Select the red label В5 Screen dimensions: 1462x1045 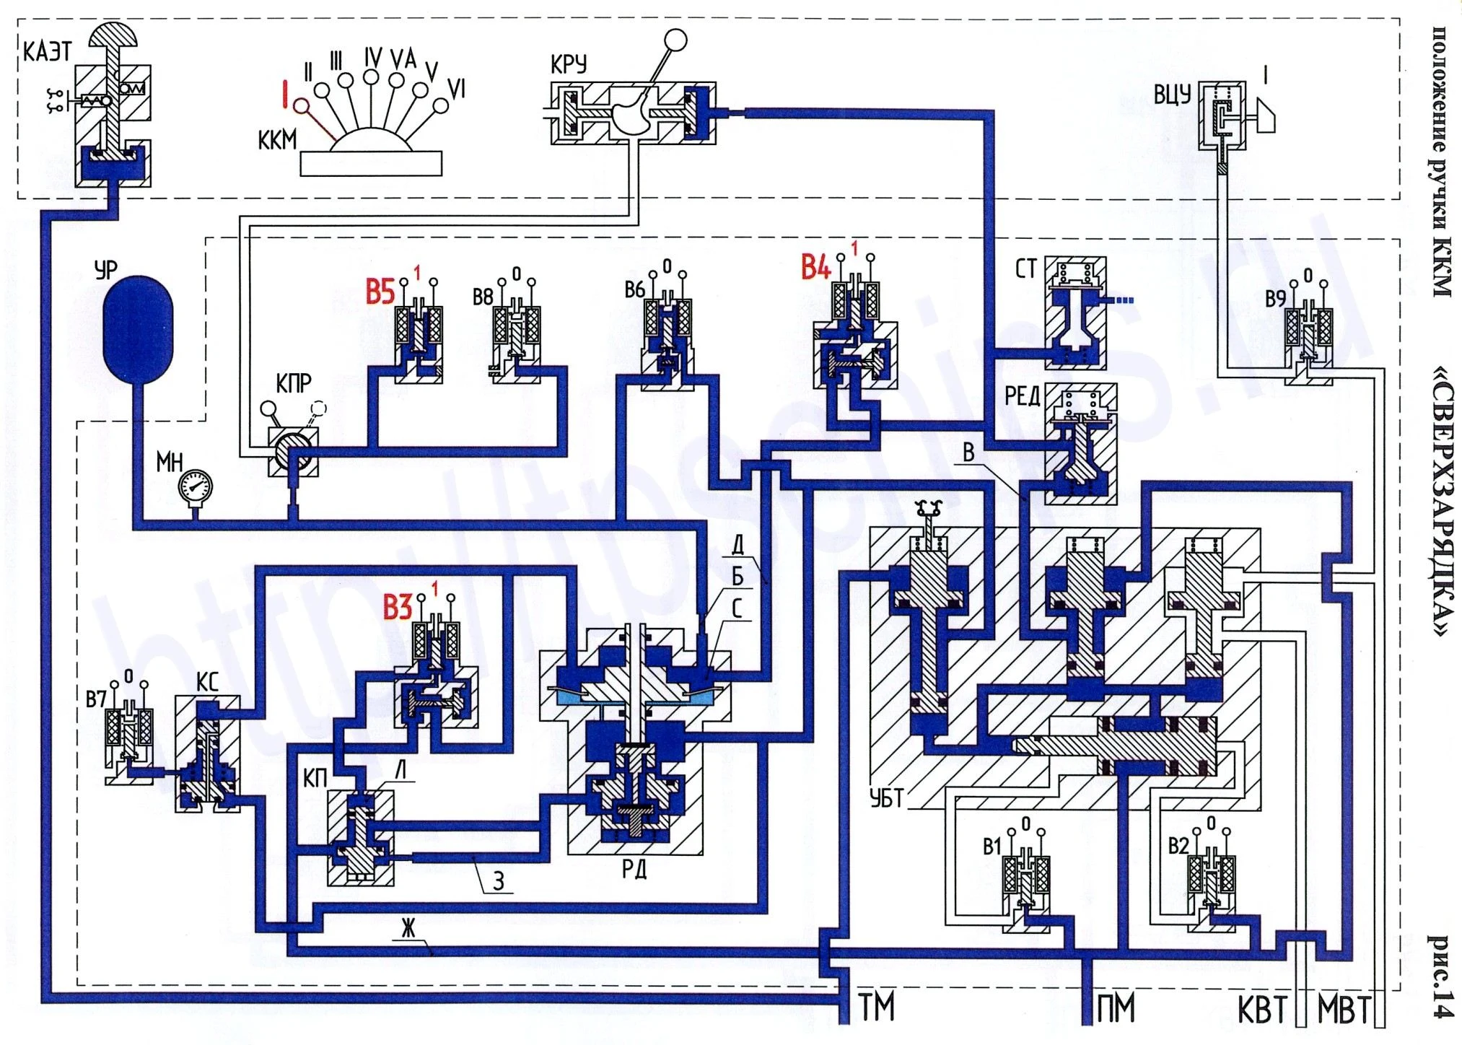pos(380,292)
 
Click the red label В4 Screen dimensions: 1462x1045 pos(815,268)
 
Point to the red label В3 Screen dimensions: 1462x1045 pos(397,608)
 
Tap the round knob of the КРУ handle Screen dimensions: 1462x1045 pos(676,40)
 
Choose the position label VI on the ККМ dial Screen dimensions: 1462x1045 pos(456,89)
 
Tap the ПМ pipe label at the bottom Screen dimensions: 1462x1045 pos(1115,1007)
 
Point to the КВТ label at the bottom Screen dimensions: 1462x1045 pos(1262,1010)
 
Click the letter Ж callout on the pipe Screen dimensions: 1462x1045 pos(409,928)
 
